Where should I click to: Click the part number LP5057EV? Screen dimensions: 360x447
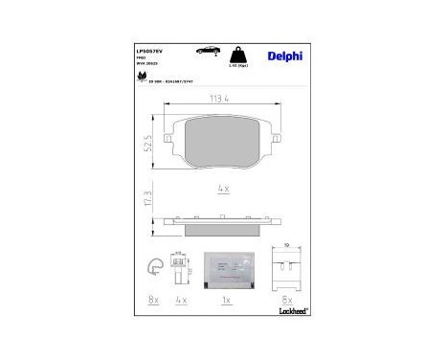(x=152, y=44)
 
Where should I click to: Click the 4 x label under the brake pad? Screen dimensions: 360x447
(x=223, y=190)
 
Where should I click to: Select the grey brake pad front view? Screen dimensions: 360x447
(x=223, y=144)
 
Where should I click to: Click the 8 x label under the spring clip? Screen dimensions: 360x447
(x=152, y=301)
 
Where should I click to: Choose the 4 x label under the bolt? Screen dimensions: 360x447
(x=180, y=301)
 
